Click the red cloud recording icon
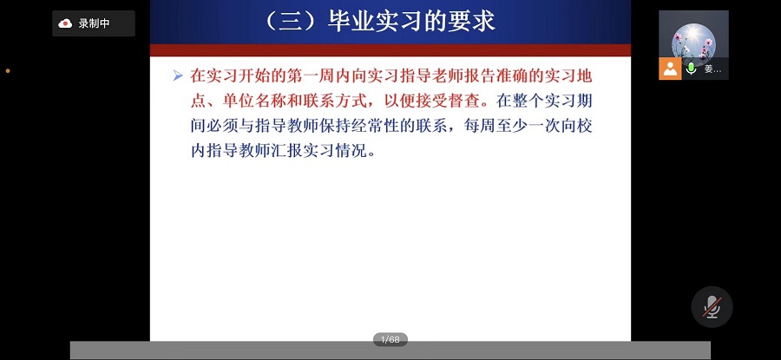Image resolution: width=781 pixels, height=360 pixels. click(x=65, y=23)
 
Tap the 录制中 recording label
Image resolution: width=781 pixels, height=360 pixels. click(x=94, y=23)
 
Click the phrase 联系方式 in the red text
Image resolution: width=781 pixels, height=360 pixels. click(x=358, y=100)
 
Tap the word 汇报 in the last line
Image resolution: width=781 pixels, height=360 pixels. click(x=290, y=150)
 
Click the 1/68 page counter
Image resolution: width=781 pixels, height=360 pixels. click(x=390, y=339)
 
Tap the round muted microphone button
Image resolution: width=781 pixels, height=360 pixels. click(x=712, y=306)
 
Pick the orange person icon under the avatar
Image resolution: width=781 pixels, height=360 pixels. click(x=670, y=69)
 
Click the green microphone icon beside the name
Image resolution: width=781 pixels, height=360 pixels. click(x=692, y=69)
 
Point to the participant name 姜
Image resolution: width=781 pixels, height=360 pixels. click(x=709, y=69)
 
